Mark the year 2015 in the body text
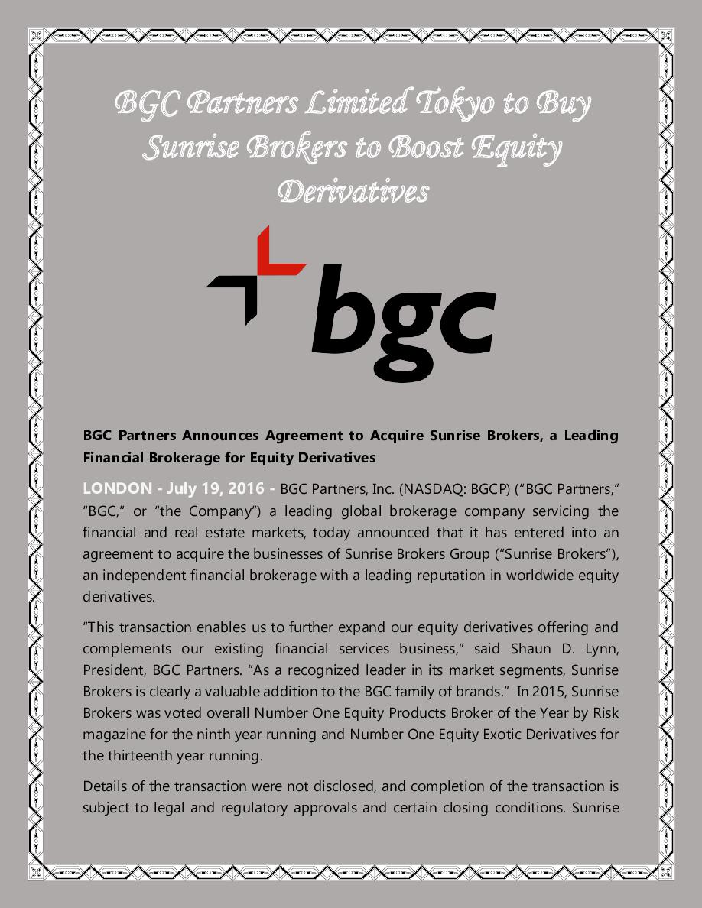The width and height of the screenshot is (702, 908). click(x=556, y=692)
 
